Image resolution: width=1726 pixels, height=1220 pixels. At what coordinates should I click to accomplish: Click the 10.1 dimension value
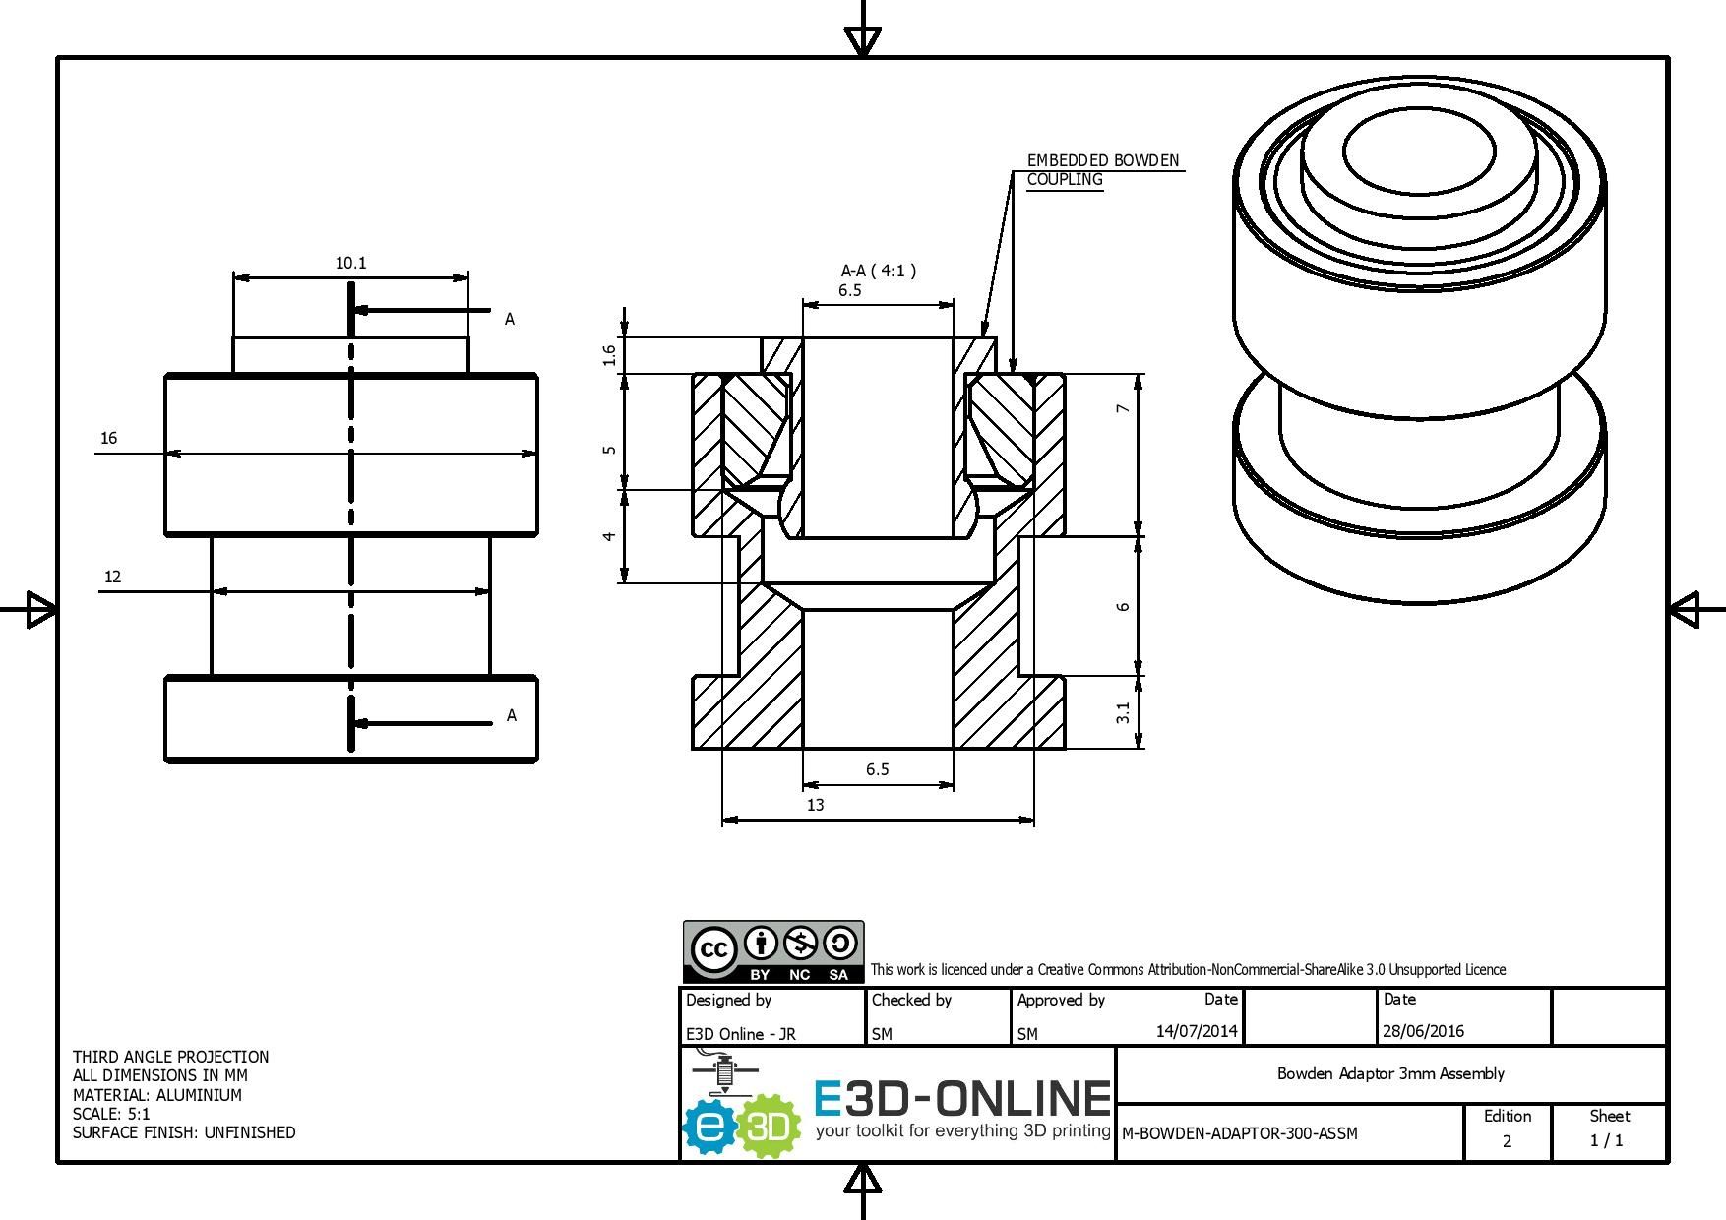350,263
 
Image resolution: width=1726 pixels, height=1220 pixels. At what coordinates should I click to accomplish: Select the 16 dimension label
108,438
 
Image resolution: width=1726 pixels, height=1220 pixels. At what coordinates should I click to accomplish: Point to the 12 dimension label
112,577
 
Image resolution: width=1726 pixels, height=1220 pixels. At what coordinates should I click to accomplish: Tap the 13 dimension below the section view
816,805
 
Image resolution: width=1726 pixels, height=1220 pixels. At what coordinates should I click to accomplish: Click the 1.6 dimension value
610,355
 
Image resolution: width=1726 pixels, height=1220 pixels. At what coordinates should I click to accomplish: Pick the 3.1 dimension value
1123,712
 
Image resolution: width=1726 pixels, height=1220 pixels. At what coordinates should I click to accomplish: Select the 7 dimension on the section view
1123,408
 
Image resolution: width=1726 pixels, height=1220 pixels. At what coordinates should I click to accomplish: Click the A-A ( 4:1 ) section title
878,271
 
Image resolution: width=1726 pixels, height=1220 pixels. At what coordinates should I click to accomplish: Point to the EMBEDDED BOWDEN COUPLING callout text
1102,169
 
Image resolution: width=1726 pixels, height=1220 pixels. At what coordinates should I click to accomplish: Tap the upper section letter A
509,319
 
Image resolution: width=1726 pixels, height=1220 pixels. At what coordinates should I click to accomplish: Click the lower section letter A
511,715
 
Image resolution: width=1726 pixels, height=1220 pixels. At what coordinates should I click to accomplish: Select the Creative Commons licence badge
773,951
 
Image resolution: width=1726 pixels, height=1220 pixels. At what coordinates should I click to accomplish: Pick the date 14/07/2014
1197,1031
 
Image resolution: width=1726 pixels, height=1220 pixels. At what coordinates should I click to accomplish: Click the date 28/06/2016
1423,1031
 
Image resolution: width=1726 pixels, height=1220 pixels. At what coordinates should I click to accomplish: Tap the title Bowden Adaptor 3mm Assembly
1390,1073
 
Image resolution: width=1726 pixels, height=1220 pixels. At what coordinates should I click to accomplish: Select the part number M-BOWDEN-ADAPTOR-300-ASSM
1240,1133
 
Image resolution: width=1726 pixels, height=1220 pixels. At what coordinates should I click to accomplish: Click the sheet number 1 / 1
1607,1140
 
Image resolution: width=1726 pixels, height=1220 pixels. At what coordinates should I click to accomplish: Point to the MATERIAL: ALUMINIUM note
157,1095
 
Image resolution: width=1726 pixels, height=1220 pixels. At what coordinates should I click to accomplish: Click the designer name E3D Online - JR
741,1034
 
